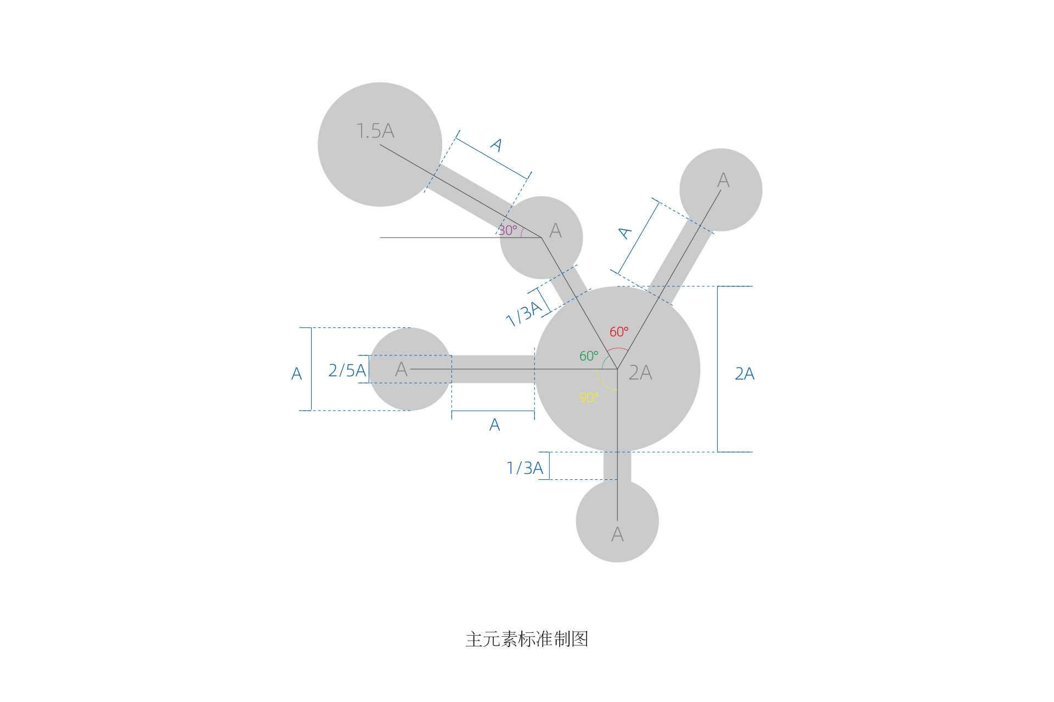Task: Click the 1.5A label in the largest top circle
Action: click(x=375, y=131)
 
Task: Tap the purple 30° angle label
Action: click(x=508, y=230)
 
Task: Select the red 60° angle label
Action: click(x=619, y=332)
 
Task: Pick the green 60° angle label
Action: click(x=589, y=356)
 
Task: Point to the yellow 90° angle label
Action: click(x=588, y=397)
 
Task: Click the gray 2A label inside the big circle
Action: click(x=640, y=373)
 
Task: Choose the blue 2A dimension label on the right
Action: click(x=745, y=374)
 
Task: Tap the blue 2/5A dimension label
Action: click(x=347, y=371)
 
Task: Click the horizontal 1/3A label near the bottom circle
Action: click(x=525, y=468)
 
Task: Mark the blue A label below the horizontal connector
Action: click(x=494, y=425)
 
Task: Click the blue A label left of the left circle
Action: click(x=296, y=374)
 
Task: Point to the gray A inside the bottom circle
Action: click(x=617, y=534)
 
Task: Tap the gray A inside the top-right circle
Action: click(x=723, y=180)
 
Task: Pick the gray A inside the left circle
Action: click(x=401, y=370)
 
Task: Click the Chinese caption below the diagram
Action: click(x=527, y=639)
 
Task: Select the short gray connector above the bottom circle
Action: click(x=617, y=466)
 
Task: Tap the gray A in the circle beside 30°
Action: click(x=555, y=230)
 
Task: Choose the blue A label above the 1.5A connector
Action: click(x=496, y=145)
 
